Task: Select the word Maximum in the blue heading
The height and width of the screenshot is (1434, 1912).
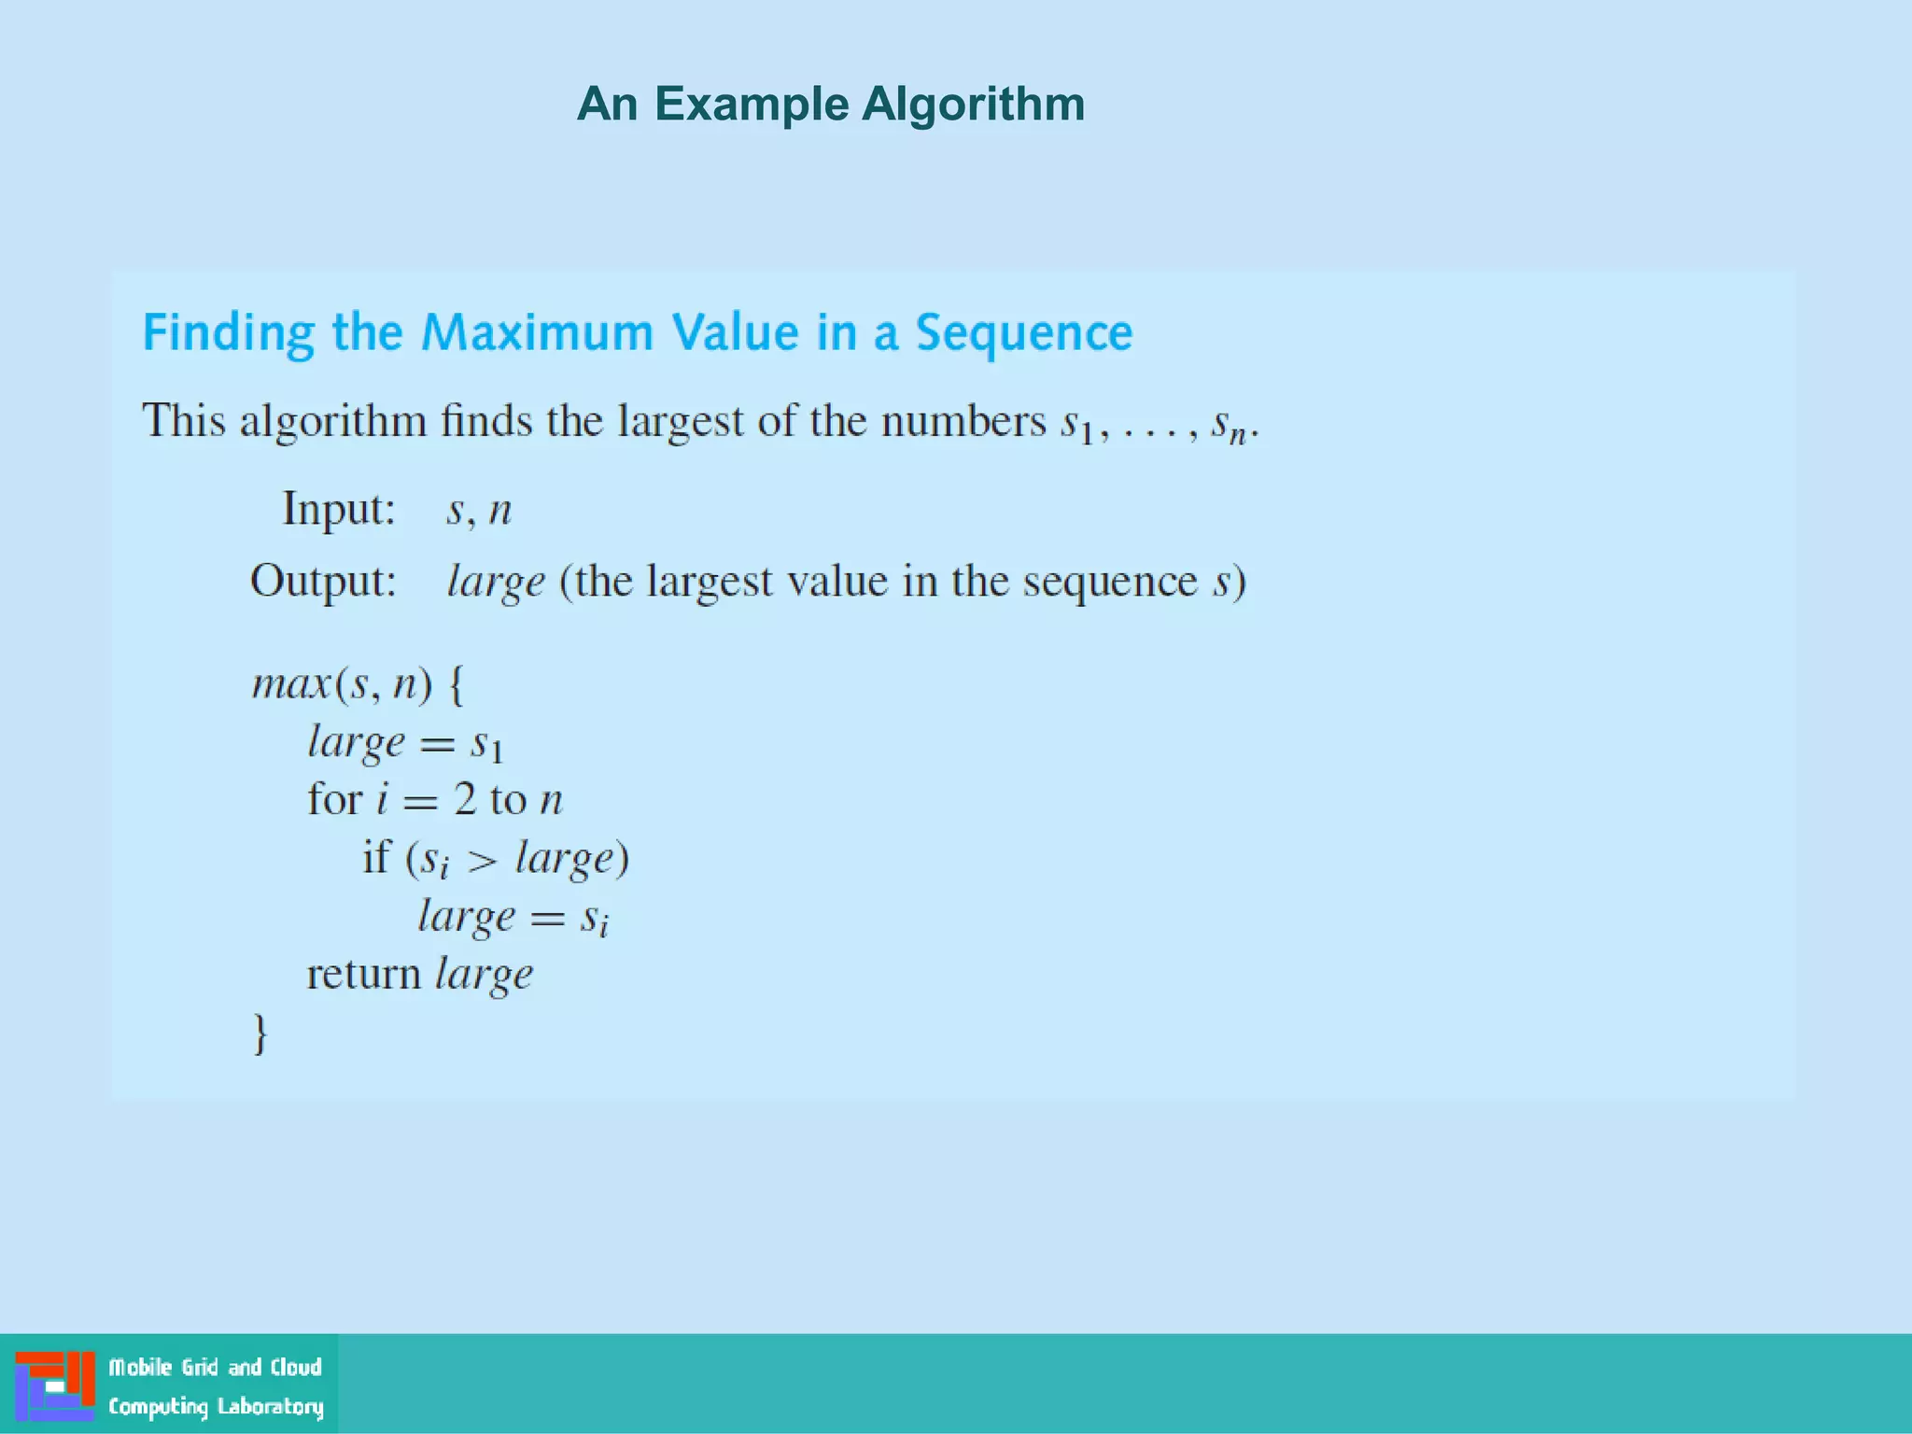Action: [x=537, y=332]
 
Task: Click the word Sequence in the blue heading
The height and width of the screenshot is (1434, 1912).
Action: [x=1023, y=332]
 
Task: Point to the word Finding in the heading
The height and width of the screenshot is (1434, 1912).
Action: [x=229, y=334]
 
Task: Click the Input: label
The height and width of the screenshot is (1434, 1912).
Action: [x=339, y=510]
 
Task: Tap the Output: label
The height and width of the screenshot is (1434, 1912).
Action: [x=323, y=581]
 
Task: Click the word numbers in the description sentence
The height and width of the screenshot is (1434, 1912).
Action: [x=963, y=421]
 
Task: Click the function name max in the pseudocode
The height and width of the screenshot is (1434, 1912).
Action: [x=291, y=684]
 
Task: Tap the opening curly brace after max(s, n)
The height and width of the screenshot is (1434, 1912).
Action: [x=456, y=684]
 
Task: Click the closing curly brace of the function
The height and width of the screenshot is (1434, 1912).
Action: [x=260, y=1034]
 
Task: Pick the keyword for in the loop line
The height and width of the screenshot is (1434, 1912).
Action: [x=334, y=800]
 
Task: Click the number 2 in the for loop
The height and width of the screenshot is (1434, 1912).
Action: [x=465, y=800]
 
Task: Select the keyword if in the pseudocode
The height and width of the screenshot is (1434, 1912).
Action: [x=376, y=857]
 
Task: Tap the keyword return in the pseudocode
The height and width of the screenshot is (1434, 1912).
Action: [x=364, y=975]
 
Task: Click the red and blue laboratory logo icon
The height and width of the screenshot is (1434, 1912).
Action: [x=55, y=1385]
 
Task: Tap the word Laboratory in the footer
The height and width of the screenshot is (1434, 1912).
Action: [x=270, y=1406]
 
